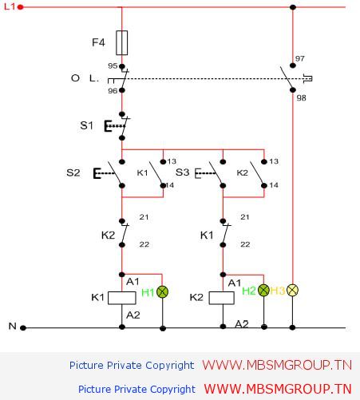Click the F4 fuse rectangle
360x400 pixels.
pyautogui.click(x=122, y=43)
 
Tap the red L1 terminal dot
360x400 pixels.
pyautogui.click(x=20, y=7)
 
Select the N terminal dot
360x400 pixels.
pyautogui.click(x=23, y=328)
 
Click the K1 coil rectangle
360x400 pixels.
pyautogui.click(x=122, y=298)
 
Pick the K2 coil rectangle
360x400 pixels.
pyautogui.click(x=222, y=298)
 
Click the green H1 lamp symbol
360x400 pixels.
pyautogui.click(x=162, y=291)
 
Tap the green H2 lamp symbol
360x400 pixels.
pyautogui.click(x=263, y=290)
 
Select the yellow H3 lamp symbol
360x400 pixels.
pyautogui.click(x=292, y=290)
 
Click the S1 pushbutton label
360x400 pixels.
pyautogui.click(x=87, y=125)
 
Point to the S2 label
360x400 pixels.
pyautogui.click(x=73, y=172)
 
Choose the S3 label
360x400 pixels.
pyautogui.click(x=182, y=172)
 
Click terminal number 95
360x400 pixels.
pyautogui.click(x=113, y=65)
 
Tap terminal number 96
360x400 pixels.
pyautogui.click(x=113, y=91)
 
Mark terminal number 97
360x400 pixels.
pyautogui.click(x=300, y=58)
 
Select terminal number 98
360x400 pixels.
pyautogui.click(x=301, y=98)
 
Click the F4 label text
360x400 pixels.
pyautogui.click(x=98, y=42)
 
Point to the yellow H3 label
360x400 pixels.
pyautogui.click(x=278, y=291)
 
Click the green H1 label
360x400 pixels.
pyautogui.click(x=148, y=292)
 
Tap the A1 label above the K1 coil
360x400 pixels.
pyautogui.click(x=133, y=281)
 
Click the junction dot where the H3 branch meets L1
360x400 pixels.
pyautogui.click(x=293, y=7)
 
